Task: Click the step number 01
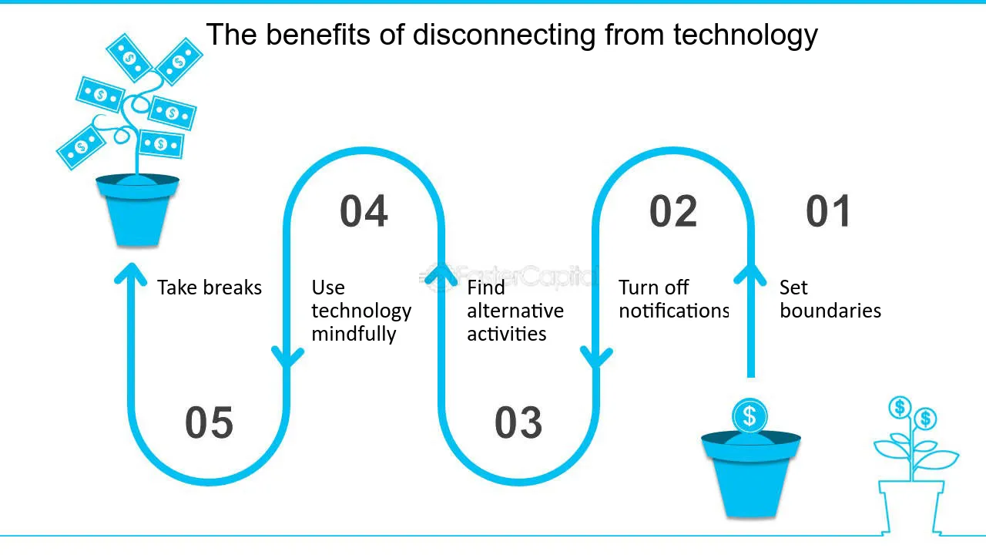tap(828, 211)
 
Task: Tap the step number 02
tap(673, 211)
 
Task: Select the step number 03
tap(518, 423)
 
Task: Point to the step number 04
tap(364, 211)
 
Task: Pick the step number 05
tap(209, 423)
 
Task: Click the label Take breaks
tap(210, 288)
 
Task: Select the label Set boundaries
tap(830, 299)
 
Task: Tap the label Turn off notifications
tap(673, 299)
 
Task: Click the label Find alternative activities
tap(515, 311)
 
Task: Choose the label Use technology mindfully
tap(361, 311)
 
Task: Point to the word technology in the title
tap(745, 35)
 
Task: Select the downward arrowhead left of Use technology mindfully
tap(287, 357)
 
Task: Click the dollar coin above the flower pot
tap(750, 415)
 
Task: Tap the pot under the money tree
tap(137, 210)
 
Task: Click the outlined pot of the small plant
tap(911, 507)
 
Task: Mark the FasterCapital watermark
tap(508, 277)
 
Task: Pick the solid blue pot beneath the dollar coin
tap(751, 474)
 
